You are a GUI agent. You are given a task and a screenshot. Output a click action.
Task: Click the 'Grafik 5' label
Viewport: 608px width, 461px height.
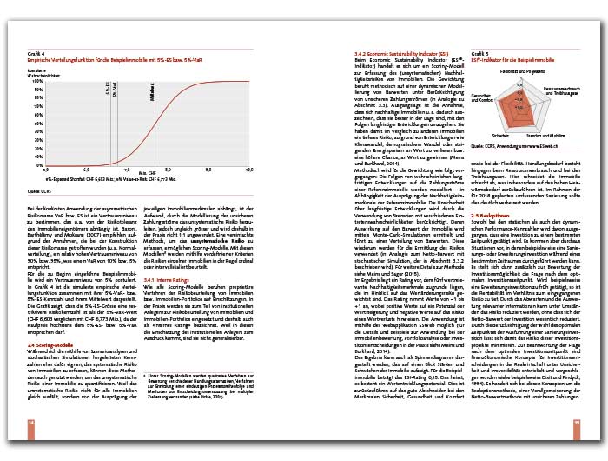tap(481, 52)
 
